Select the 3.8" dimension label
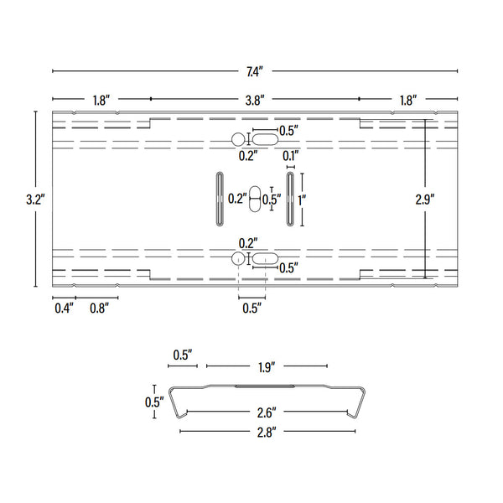(255, 100)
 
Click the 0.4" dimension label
(64, 308)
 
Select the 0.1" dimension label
(290, 156)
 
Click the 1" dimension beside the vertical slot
(301, 200)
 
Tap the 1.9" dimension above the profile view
(267, 366)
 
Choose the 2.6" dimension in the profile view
(267, 412)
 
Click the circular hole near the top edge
(239, 139)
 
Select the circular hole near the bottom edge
(239, 258)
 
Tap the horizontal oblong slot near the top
(264, 139)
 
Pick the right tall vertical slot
(289, 200)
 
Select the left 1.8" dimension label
(101, 100)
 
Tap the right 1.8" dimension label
(407, 100)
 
